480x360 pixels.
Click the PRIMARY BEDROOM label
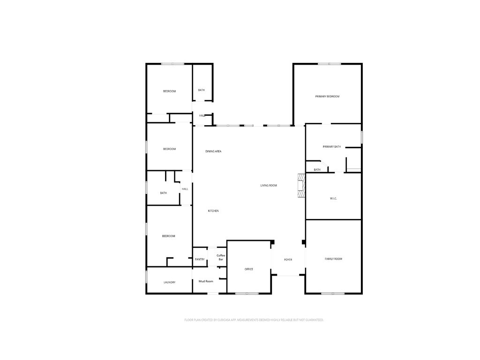327,97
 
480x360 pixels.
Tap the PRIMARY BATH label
331,147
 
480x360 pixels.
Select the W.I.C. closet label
333,199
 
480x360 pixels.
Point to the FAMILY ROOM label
333,259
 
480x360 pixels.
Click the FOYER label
288,260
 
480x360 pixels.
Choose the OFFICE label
249,270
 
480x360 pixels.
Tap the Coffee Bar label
221,257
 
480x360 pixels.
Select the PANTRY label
200,260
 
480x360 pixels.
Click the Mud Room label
206,281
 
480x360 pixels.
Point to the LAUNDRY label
169,283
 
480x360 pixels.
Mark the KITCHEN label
213,211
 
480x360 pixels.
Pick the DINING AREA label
213,151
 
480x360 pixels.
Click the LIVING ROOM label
269,186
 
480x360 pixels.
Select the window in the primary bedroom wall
329,64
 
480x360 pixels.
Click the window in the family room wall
333,293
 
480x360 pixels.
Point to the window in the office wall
247,293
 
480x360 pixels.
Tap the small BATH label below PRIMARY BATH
317,170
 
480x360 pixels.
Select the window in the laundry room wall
147,276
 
